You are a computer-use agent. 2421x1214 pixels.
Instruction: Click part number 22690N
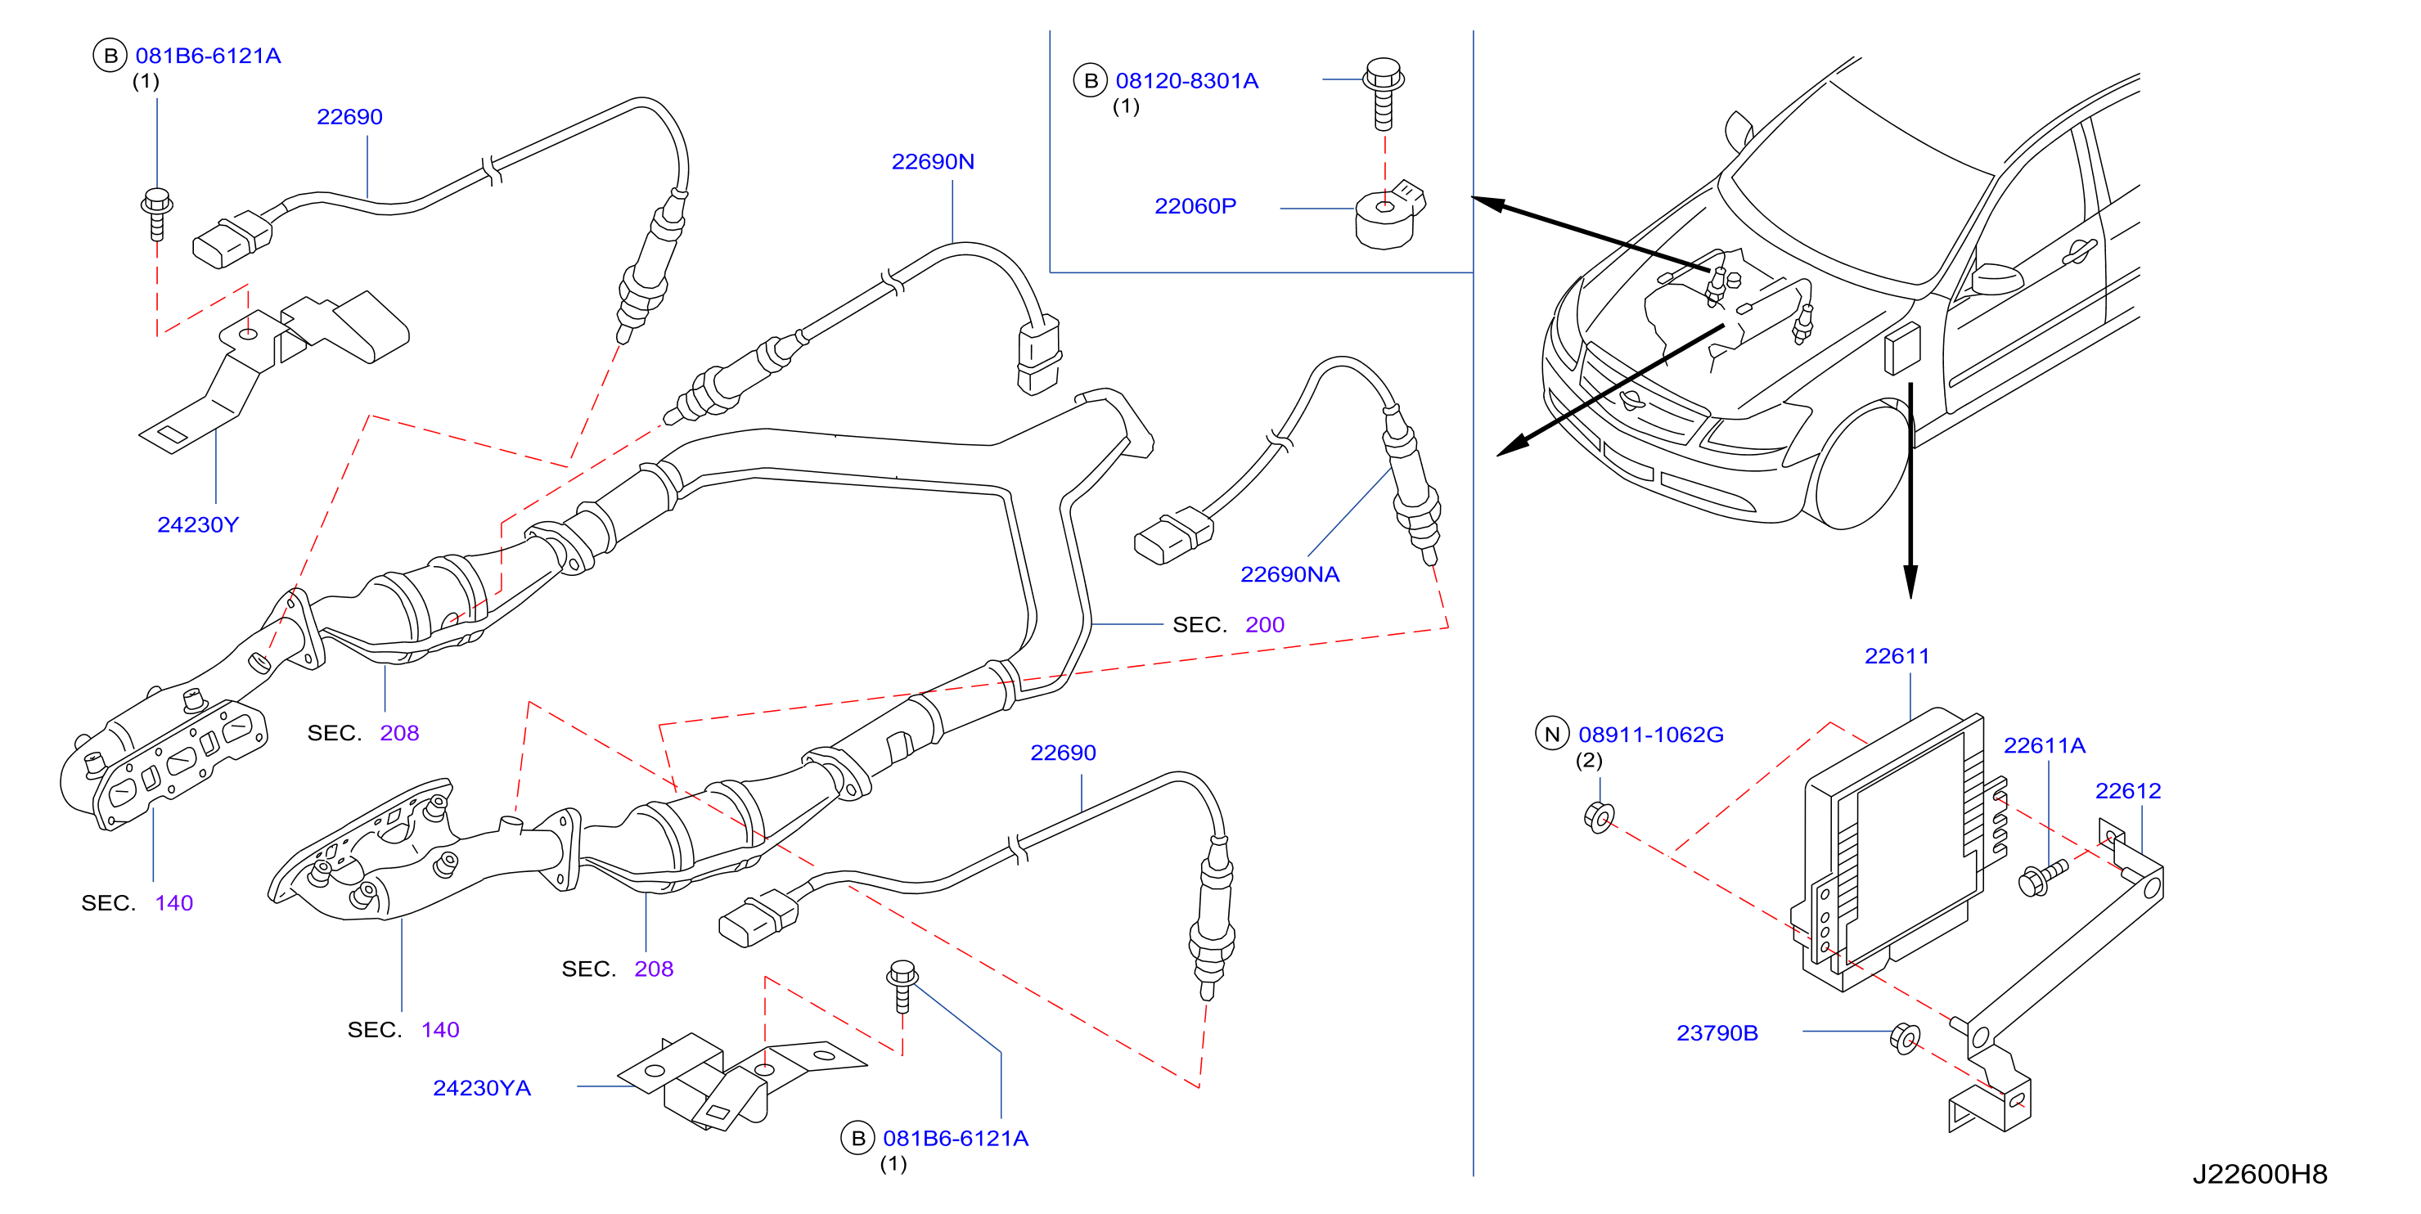point(932,162)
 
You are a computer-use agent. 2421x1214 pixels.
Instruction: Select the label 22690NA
point(1289,574)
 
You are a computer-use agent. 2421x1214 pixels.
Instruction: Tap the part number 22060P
point(1195,206)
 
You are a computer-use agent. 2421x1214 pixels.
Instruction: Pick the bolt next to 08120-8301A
point(1384,94)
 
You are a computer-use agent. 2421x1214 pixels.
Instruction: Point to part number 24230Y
point(197,524)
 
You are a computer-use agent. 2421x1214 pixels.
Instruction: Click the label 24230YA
point(481,1088)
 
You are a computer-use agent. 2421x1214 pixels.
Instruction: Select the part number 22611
point(1897,656)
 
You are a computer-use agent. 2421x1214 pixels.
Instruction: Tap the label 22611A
point(2044,745)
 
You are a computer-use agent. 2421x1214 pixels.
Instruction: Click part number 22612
point(2128,791)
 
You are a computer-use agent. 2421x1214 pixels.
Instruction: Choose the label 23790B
point(1717,1032)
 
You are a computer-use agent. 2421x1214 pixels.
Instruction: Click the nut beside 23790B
point(1904,1038)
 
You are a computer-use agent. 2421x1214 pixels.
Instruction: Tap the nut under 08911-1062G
point(1599,817)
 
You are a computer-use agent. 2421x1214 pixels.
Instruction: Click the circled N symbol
point(1551,734)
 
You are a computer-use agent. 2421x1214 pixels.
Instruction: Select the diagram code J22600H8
point(2259,1174)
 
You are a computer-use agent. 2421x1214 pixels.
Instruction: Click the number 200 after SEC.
point(1264,625)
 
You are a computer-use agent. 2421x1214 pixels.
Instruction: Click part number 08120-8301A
point(1186,81)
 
